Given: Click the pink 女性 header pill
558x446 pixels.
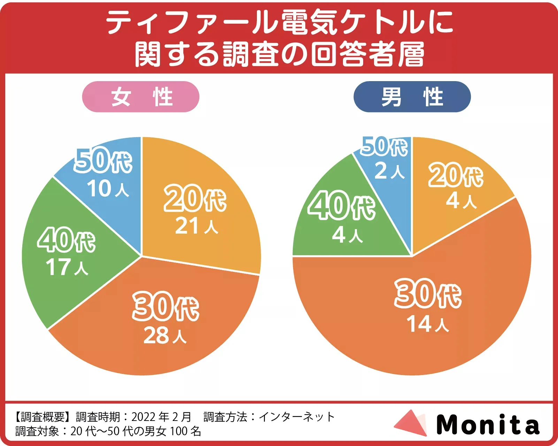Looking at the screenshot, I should (140, 97).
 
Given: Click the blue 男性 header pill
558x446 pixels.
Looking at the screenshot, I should (412, 97).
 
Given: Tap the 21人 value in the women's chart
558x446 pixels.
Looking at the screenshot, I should (196, 226).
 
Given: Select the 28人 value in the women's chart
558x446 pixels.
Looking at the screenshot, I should (165, 336).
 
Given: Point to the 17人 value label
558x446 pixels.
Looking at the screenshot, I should (67, 267).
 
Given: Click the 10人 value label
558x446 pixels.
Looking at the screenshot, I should (108, 189).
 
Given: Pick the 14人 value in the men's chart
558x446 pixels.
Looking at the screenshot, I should (428, 324).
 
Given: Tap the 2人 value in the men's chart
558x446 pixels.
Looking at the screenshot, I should (389, 171).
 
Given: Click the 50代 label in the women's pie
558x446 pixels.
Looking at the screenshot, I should (103, 161).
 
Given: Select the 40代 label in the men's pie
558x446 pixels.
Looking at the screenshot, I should (342, 206).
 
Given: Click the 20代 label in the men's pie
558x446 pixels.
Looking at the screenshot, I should (456, 175).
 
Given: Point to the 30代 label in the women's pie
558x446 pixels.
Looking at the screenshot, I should (166, 307).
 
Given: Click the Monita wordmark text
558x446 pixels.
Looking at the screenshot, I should (488, 424).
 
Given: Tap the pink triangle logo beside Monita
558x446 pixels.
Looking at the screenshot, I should (411, 423).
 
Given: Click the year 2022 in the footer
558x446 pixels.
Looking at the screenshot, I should (144, 417).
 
